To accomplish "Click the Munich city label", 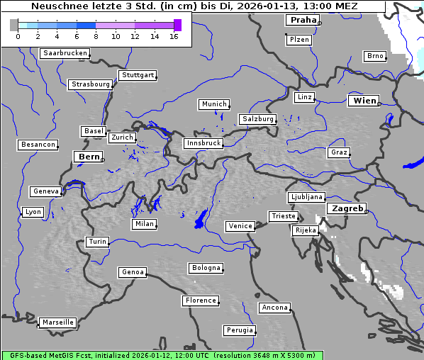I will tap(213, 104).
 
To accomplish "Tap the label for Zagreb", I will tap(347, 208).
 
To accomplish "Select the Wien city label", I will tap(364, 101).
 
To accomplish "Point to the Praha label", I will tap(303, 20).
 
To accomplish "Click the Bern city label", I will tap(89, 157).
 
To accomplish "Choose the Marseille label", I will tap(57, 322).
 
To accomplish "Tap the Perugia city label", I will tap(239, 330).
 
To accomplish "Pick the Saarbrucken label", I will tap(65, 53).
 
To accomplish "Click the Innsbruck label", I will tap(203, 143).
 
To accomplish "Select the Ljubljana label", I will tap(306, 197).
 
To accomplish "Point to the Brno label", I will tap(374, 56).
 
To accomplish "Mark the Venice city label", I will tap(240, 226).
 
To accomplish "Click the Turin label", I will tap(97, 242).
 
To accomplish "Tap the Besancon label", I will tap(38, 145).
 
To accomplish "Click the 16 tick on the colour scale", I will tap(174, 35).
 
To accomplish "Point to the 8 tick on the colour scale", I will tap(96, 35).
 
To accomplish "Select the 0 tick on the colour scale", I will tap(18, 35).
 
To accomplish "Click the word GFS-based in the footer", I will tap(26, 355).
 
